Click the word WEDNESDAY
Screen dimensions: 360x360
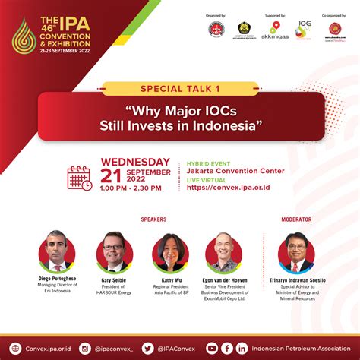coord(136,162)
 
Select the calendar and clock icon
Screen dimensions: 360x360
coord(79,177)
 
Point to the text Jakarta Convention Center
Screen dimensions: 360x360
coord(235,171)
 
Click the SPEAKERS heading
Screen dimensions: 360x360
coord(153,219)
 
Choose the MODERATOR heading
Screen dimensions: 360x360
coord(296,219)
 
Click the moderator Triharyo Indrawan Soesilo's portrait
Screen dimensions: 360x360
coord(296,252)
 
